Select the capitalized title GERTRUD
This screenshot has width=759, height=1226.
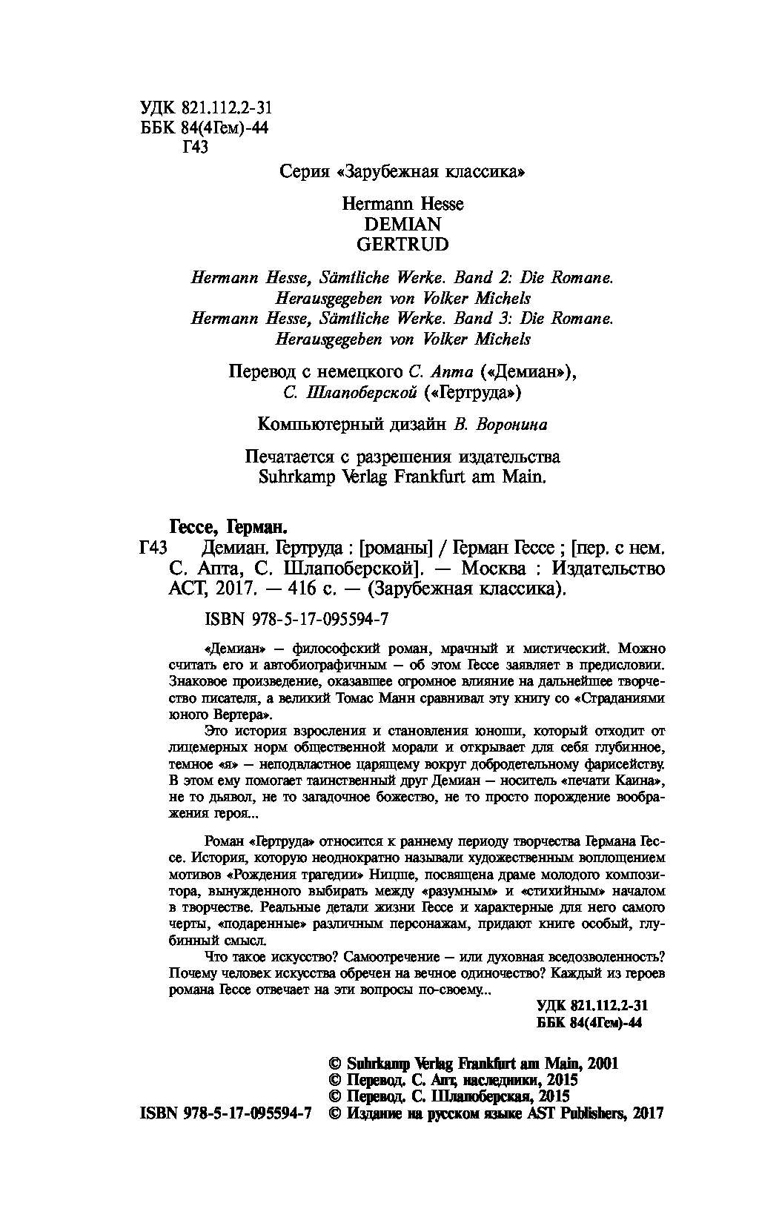(x=403, y=243)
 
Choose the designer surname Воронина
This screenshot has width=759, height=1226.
(x=509, y=424)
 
